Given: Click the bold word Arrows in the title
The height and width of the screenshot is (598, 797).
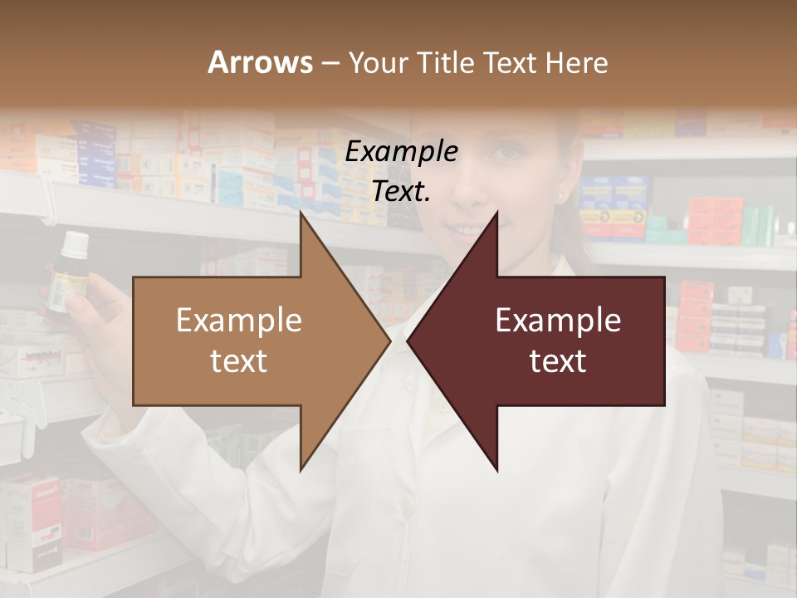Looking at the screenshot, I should pos(261,62).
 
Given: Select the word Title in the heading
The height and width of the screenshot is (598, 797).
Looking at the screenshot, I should pos(447,62).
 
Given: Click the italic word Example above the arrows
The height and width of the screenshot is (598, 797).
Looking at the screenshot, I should pos(402,151).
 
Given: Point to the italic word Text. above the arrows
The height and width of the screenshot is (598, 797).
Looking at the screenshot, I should pos(402,191).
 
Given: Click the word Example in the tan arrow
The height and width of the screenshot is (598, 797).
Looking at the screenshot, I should pos(239,320).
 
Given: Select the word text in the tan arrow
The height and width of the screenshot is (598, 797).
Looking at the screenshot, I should pos(239,360).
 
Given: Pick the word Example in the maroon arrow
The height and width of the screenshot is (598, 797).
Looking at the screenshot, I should pos(558,320).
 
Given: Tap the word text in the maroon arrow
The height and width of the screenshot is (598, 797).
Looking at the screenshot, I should pos(558,360).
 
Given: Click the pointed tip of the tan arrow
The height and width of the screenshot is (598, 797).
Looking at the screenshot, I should pos(389,341).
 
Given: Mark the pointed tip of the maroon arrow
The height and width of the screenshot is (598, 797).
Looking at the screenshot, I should pos(408,341).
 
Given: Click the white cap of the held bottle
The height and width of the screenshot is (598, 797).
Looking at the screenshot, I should pos(76,243).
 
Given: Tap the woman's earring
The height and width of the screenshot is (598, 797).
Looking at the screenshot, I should pos(560,198).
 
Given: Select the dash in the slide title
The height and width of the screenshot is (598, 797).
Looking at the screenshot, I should pos(330,63).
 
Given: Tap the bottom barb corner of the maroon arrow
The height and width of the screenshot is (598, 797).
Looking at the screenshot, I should pos(497,471).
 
